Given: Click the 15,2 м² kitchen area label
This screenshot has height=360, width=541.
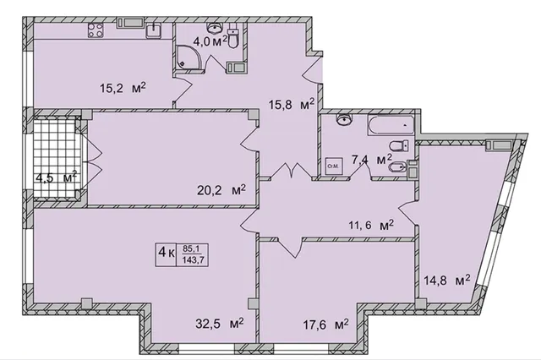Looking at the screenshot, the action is point(123,88).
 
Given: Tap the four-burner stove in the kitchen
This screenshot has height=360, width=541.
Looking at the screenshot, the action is point(96,30).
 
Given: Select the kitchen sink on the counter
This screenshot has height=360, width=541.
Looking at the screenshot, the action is point(154,30).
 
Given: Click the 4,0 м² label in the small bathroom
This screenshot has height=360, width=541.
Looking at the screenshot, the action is point(210,42).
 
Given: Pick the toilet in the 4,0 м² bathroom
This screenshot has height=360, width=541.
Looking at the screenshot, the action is point(233,38).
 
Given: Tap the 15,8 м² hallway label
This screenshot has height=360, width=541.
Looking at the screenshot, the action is point(292,104).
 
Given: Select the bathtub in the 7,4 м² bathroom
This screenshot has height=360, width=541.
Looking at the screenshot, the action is point(391,125).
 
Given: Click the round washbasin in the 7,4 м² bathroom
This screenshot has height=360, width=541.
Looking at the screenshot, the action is point(344,120).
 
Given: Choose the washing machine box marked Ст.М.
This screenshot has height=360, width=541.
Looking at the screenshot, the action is point(334,166).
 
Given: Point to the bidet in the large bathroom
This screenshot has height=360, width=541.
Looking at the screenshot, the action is point(397,168).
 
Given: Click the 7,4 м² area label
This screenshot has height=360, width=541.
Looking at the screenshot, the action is point(372,161).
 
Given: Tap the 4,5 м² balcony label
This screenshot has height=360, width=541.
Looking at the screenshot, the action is point(57,178).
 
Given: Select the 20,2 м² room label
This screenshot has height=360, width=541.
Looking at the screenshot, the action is point(221,190).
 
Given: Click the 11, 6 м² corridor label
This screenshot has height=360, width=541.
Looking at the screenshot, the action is point(371,226).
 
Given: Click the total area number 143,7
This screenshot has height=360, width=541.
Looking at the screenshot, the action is point(193,260).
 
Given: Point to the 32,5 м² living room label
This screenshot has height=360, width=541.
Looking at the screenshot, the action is point(220,325).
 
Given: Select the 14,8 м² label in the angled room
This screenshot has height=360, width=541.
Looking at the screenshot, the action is point(447,280).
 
